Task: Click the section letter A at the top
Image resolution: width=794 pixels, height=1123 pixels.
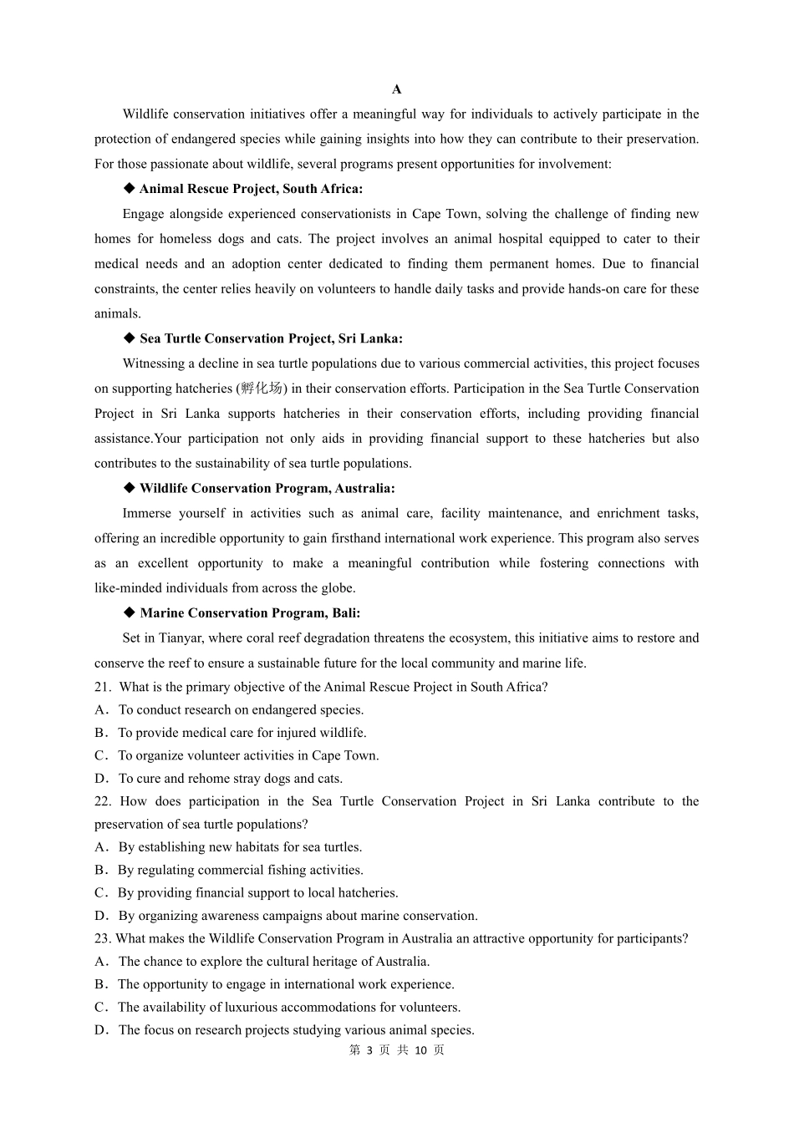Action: (397, 89)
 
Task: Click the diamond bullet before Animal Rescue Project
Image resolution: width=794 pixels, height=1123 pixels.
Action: (129, 188)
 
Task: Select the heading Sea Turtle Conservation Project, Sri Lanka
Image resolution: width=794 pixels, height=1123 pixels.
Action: (271, 338)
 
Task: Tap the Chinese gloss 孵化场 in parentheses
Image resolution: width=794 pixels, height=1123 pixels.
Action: (262, 389)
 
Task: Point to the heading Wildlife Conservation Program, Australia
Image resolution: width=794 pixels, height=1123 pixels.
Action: (267, 488)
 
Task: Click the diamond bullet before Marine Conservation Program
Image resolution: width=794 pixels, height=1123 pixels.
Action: (129, 612)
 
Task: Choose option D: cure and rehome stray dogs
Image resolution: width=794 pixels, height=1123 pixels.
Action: (230, 778)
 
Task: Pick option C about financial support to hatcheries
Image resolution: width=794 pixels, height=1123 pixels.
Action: (257, 892)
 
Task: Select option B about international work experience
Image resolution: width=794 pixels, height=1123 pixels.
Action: (286, 984)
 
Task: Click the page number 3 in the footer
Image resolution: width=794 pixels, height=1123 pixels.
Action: (369, 1050)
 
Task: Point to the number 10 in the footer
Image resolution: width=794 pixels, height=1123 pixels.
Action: (420, 1050)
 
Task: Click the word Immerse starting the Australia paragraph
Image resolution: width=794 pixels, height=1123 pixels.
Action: (150, 513)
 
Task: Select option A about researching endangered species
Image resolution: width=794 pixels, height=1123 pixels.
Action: (241, 709)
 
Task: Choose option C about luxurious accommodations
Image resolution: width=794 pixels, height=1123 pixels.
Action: (288, 1007)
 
